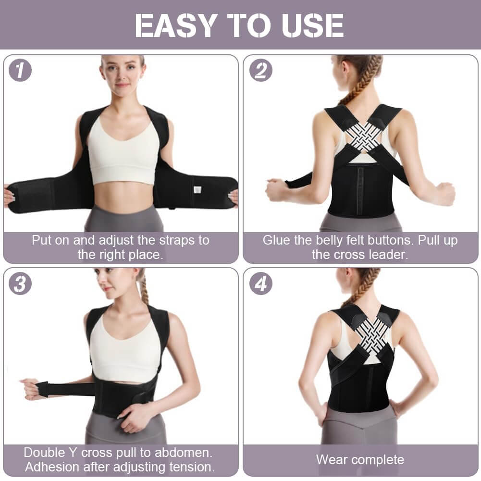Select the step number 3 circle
click(20, 284)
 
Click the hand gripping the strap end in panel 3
click(30, 388)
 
